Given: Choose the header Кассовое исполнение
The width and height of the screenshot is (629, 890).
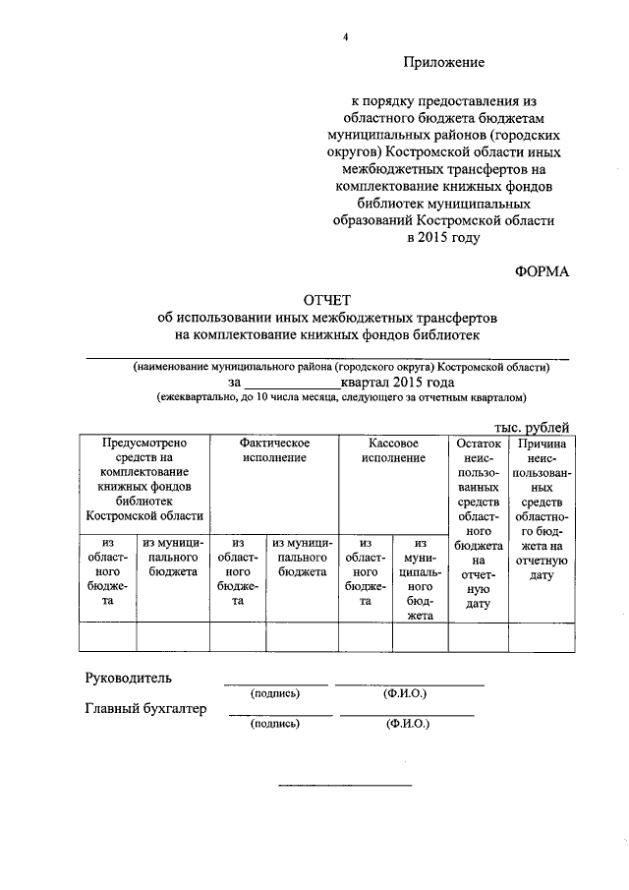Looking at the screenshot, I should (392, 450).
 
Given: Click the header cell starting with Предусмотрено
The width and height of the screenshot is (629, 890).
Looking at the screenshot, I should (143, 479).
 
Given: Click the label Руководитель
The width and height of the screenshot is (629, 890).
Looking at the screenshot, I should (129, 678).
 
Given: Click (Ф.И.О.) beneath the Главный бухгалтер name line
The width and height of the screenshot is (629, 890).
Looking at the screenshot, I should (407, 724).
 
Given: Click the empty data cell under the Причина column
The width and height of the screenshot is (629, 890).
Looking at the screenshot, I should (542, 638).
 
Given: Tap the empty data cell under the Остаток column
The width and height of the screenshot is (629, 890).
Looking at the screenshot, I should (479, 638).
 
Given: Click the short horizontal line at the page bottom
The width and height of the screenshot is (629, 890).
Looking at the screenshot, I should (345, 785).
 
